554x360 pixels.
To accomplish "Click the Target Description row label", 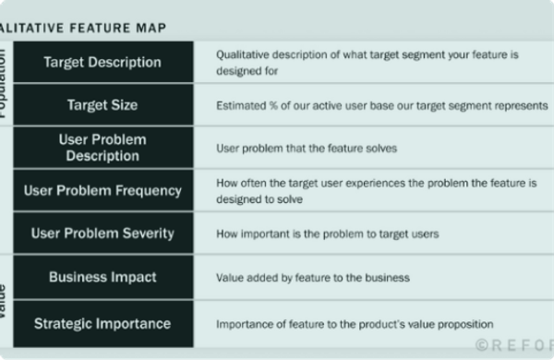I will (102, 63).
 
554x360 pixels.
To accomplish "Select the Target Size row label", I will (102, 105).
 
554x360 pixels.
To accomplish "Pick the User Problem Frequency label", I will (102, 189).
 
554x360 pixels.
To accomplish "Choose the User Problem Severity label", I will (102, 233).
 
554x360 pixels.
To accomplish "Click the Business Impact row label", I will (102, 277).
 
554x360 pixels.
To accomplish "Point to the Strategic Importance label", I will (102, 323).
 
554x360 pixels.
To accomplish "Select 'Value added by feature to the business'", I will (313, 277).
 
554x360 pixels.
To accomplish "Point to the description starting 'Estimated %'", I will (381, 105).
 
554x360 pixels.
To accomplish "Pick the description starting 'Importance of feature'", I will (355, 324).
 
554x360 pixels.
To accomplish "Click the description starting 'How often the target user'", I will (376, 190).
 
